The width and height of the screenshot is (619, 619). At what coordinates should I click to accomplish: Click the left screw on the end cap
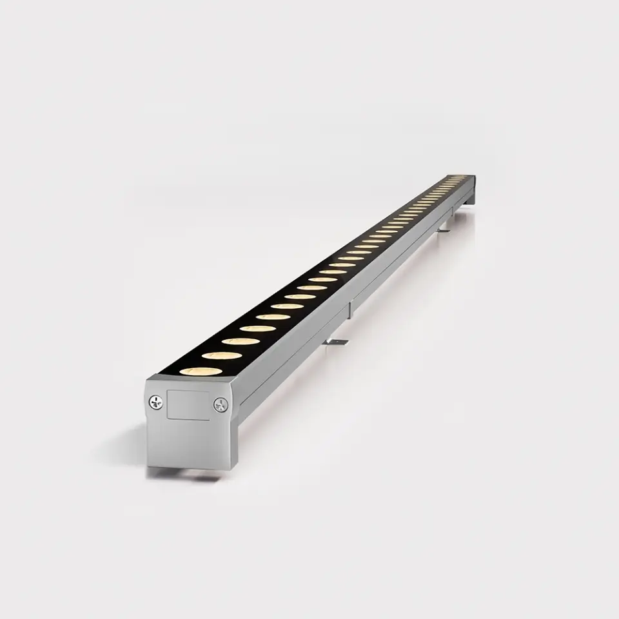(156, 403)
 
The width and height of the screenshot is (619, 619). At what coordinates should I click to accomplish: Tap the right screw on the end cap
(221, 404)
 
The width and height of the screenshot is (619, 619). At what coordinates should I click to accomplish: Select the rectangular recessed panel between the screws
(188, 405)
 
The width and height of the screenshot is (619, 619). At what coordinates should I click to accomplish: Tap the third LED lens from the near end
(241, 340)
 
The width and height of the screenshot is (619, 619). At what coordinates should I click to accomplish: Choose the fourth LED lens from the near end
(258, 328)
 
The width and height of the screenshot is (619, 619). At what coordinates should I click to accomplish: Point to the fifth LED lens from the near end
(273, 316)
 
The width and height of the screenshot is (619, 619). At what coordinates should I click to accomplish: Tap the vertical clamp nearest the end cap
(350, 310)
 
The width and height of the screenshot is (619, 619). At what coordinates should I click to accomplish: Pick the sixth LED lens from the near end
(286, 306)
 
